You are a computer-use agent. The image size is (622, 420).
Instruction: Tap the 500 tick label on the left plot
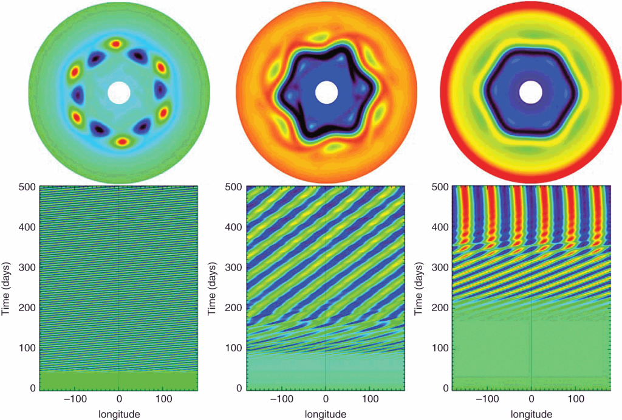tap(27, 188)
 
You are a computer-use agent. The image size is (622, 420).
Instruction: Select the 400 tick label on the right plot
tap(440, 227)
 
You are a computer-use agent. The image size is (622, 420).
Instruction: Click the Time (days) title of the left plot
tap(8, 287)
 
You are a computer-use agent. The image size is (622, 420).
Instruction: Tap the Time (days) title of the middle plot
tap(214, 287)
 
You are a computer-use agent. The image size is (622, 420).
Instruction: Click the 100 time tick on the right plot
tap(440, 348)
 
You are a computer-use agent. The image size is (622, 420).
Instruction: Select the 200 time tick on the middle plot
tap(234, 308)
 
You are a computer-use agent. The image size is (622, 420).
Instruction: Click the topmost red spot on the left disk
tap(115, 44)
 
